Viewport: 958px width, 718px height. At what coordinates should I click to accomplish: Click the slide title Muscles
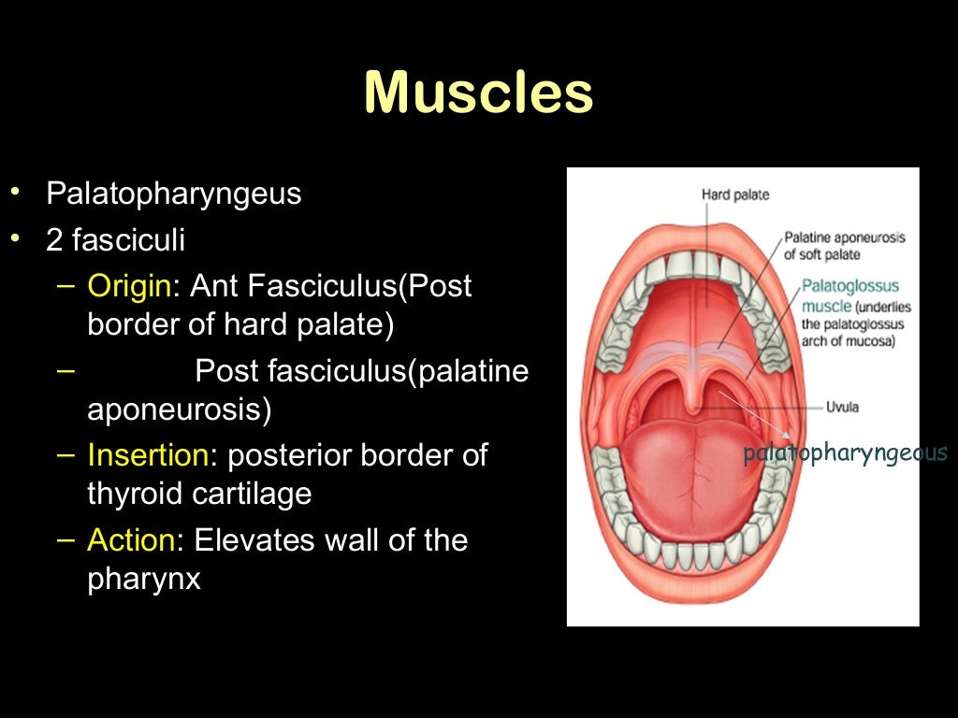(x=478, y=93)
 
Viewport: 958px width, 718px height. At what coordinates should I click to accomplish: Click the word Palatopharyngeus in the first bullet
(x=174, y=194)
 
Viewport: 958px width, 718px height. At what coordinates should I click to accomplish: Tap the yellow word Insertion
(x=148, y=455)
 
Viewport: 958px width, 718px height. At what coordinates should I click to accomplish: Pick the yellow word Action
(x=132, y=540)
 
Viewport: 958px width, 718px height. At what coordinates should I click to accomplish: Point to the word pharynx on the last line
(x=144, y=579)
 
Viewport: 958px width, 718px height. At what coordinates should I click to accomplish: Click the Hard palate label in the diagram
(x=735, y=194)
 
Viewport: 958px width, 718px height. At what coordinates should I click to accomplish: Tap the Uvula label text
(x=842, y=408)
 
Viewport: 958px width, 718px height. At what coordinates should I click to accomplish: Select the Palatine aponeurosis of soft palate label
(x=844, y=246)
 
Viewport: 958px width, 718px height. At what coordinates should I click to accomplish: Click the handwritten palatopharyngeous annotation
(x=846, y=454)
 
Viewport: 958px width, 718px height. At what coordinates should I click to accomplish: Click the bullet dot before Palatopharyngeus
(x=15, y=194)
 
